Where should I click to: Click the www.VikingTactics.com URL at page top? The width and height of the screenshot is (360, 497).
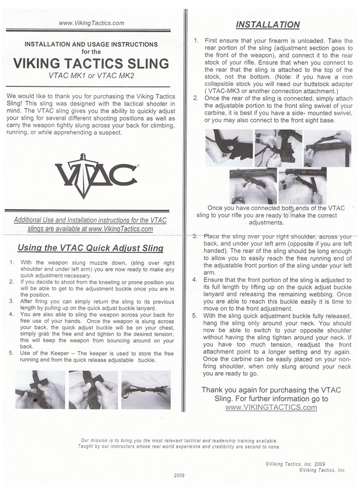tap(92, 23)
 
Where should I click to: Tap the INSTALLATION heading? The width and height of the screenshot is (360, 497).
tap(267, 24)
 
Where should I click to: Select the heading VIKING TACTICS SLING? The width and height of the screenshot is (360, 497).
tap(91, 64)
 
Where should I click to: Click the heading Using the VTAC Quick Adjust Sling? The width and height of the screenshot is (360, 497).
tap(91, 248)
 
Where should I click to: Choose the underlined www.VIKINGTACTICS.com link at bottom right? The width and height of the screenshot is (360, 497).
tap(271, 408)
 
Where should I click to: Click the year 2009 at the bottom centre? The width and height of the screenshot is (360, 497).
tap(180, 475)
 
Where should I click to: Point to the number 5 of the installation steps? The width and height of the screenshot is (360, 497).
tap(195, 316)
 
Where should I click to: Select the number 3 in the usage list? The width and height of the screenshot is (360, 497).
tap(11, 301)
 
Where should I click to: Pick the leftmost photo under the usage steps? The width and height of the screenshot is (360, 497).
tap(40, 389)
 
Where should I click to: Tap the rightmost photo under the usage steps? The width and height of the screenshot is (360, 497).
tap(146, 389)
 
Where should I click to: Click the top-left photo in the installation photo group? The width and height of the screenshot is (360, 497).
tap(229, 148)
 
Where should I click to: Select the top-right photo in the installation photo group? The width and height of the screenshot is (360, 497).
tap(327, 148)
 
